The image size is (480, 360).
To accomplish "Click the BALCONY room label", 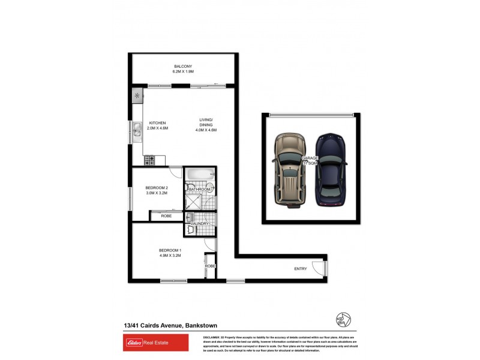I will coord(183,66).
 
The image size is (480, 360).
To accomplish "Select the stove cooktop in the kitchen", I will coord(150,161).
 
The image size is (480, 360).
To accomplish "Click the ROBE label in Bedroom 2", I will coord(166,215).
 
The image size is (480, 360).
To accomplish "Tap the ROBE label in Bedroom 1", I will coord(210,265).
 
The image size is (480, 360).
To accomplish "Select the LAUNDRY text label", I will coord(200,224).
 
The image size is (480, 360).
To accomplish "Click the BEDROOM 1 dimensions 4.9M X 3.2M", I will coord(170,256).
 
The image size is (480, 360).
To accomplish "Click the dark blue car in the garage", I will coord(331,170).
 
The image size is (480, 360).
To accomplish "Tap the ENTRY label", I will coord(300,268).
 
